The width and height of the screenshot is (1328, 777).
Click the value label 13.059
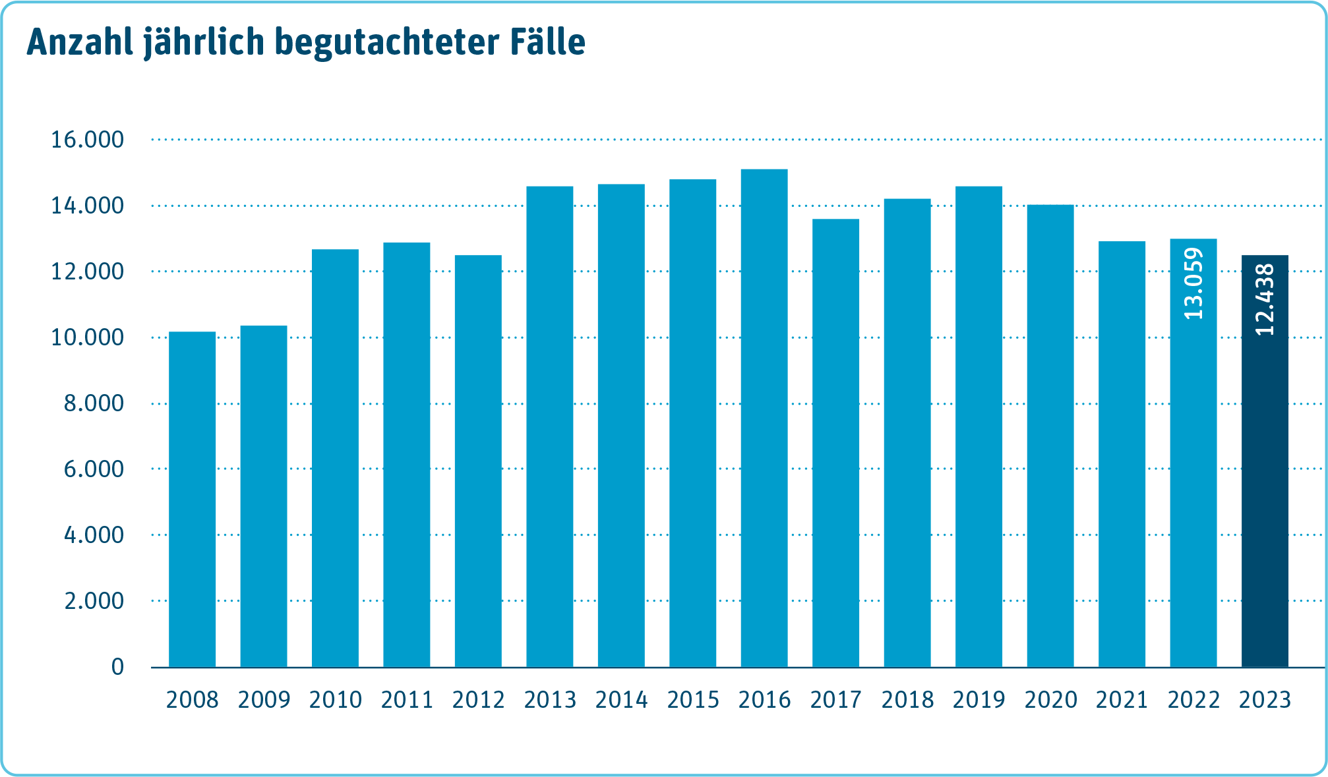pos(1194,283)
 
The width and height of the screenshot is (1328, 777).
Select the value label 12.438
pos(1265,300)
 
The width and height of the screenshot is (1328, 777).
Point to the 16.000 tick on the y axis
pos(88,140)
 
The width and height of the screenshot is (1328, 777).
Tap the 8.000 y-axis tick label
pos(94,403)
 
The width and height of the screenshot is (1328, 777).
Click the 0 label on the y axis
pos(117,667)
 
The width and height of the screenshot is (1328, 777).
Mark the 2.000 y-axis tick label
pos(94,601)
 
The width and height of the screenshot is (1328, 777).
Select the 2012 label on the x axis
pos(479,700)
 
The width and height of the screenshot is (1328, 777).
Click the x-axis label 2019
pos(979,700)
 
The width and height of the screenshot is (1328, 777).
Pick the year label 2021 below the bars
pos(1122,700)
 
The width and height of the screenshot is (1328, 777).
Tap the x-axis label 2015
pos(693,700)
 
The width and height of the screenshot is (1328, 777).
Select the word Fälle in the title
pos(547,42)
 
